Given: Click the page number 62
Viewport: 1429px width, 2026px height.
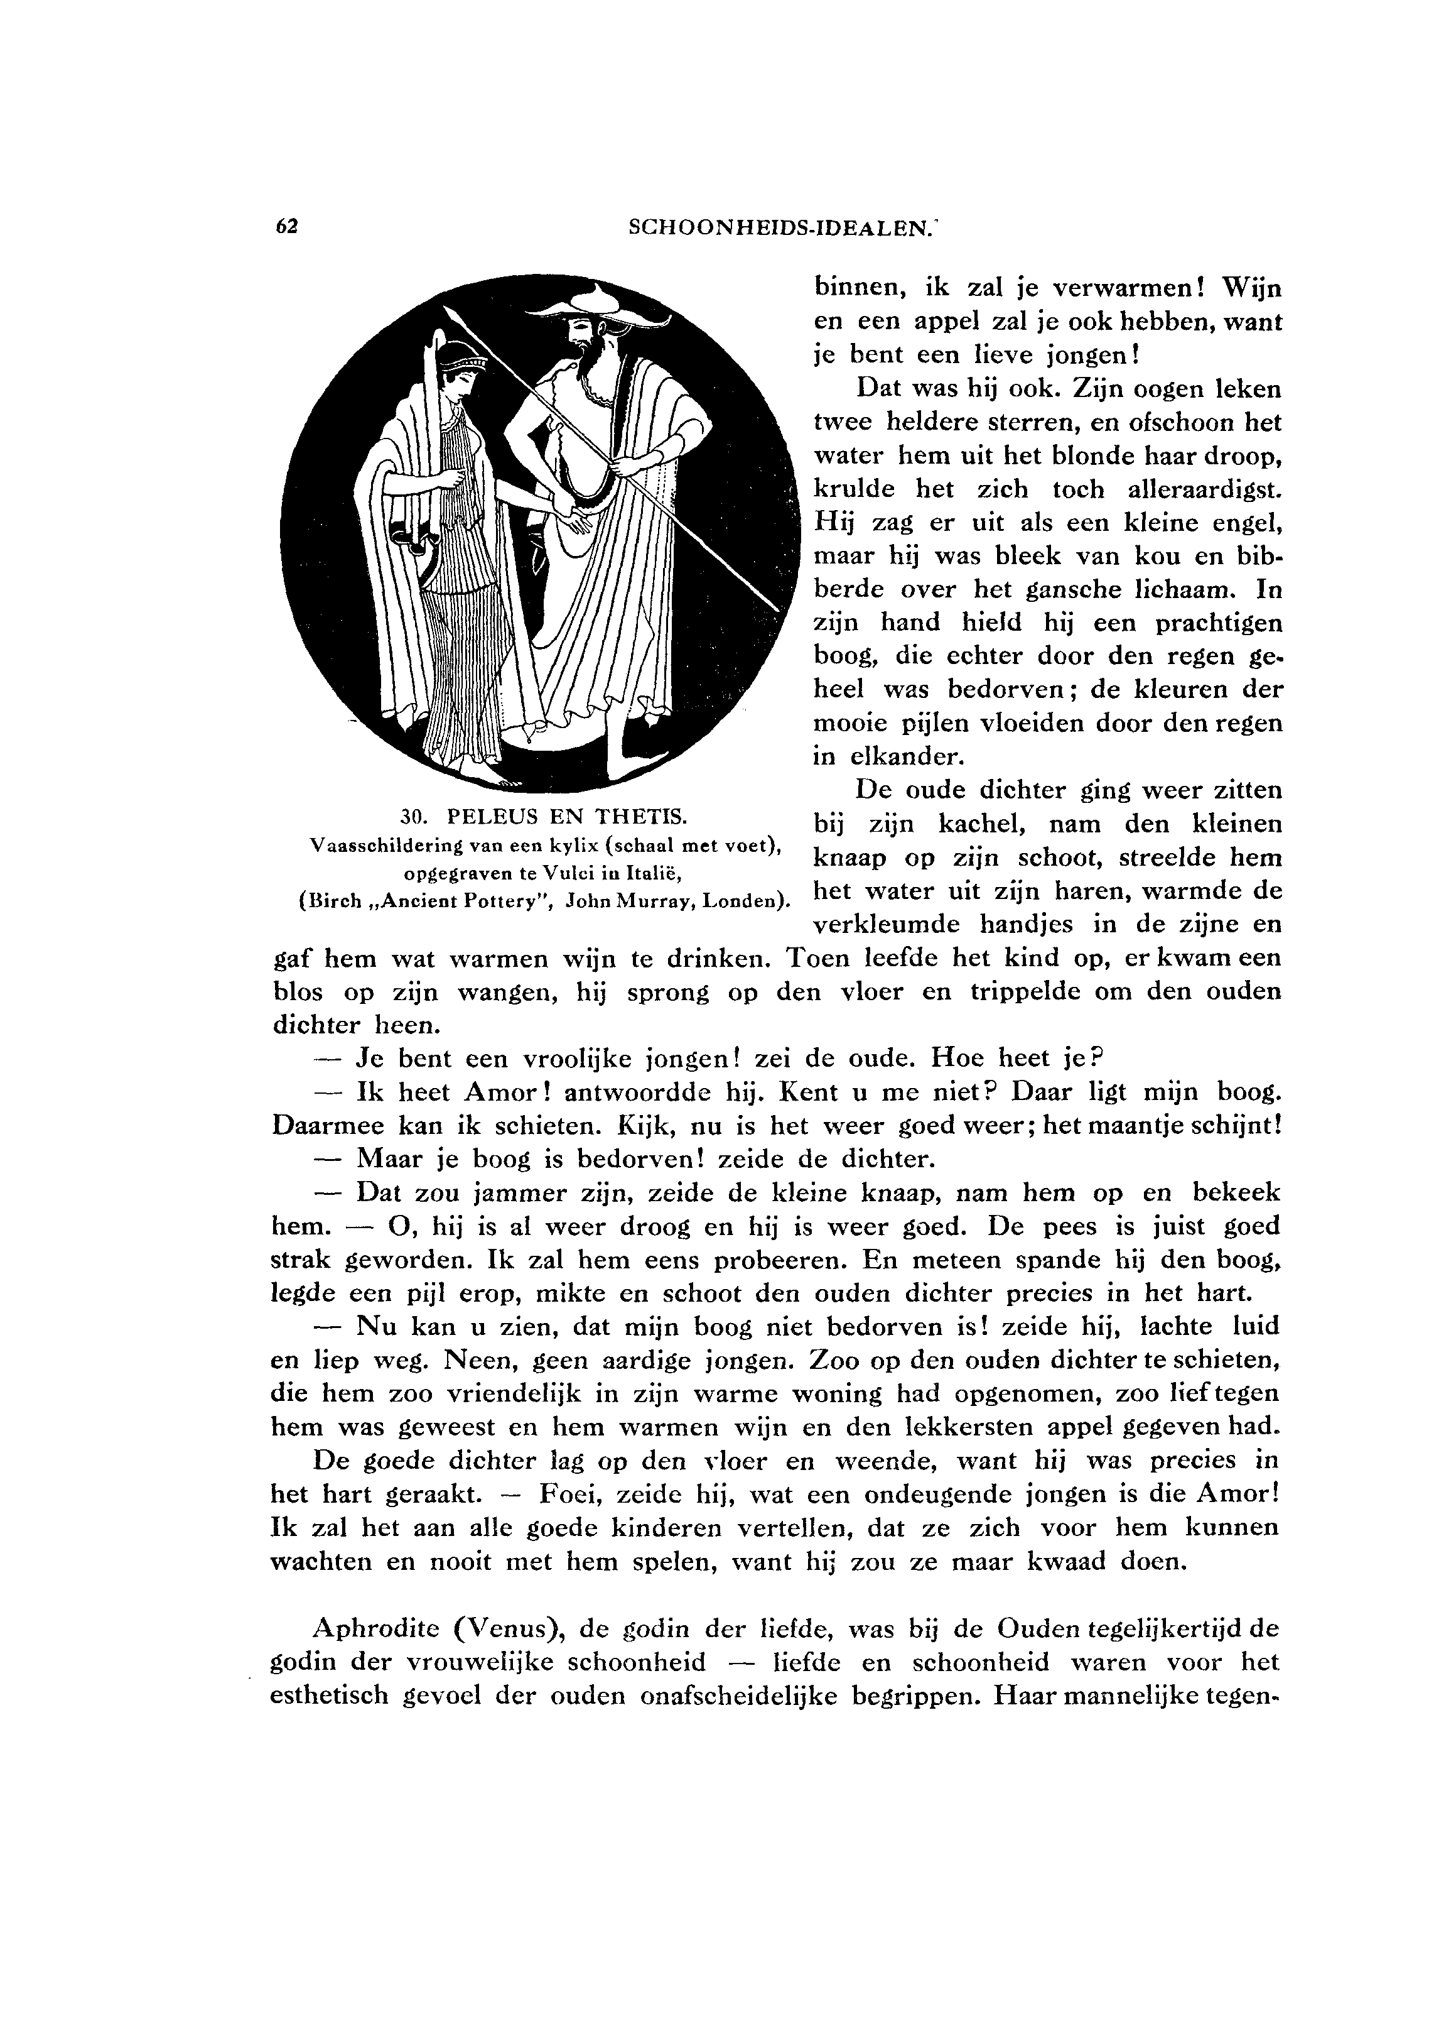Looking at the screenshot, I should click(288, 226).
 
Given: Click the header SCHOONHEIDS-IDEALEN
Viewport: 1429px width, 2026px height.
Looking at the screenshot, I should click(780, 227).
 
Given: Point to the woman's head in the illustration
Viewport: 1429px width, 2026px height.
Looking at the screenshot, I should click(460, 370).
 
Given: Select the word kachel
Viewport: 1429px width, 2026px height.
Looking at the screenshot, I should click(976, 825).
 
